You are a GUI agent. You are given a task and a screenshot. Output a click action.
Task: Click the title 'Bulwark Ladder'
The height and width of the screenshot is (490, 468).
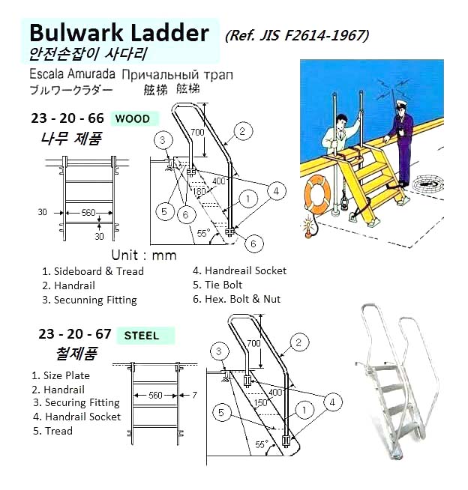[118, 33]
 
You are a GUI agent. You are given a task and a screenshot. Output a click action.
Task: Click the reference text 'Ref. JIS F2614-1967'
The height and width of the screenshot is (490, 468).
[296, 35]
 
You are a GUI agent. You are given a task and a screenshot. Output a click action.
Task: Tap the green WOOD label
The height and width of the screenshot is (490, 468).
[132, 118]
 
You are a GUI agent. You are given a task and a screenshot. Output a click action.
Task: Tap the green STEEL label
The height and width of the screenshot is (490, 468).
[141, 335]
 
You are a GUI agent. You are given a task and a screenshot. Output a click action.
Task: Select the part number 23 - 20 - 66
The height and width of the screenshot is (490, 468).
[67, 118]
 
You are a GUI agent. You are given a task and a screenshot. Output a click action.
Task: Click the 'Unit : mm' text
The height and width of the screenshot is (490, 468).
[143, 255]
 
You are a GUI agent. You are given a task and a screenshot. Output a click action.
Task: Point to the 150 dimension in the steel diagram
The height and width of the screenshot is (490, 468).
[261, 402]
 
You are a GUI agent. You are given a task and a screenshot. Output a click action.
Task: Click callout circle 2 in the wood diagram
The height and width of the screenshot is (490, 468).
[241, 131]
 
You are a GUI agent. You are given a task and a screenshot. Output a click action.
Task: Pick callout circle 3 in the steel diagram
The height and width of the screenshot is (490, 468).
[219, 351]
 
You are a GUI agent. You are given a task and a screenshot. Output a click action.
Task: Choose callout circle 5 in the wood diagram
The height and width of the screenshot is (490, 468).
[166, 212]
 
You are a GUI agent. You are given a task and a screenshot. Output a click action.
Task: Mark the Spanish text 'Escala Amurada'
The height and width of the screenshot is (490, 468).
[72, 76]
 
